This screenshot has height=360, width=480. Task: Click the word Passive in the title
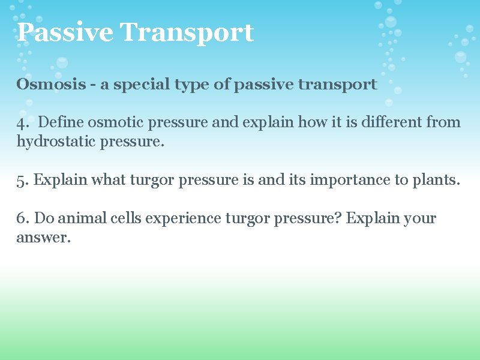click(64, 32)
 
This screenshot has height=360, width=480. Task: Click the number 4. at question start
click(22, 123)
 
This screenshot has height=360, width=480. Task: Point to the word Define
click(62, 123)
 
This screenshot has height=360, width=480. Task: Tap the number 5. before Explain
click(22, 181)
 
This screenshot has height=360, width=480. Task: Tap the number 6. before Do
click(22, 219)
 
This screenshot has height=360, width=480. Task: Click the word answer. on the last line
click(43, 238)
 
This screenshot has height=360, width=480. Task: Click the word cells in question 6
click(126, 219)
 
